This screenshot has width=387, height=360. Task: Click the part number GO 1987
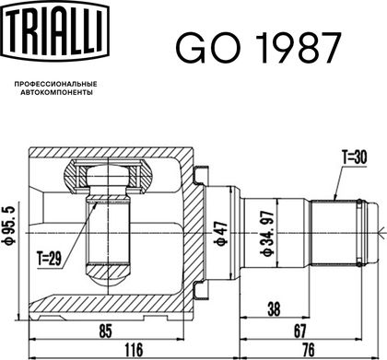point(258,48)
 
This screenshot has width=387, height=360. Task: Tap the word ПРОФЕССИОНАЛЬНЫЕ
point(56,84)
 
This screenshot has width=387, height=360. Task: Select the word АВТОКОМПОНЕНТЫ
point(56,92)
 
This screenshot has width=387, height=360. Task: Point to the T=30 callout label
point(355,157)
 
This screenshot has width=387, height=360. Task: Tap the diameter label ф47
point(222,233)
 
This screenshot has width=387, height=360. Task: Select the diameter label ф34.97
point(266,233)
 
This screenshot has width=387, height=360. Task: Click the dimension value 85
point(105,331)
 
